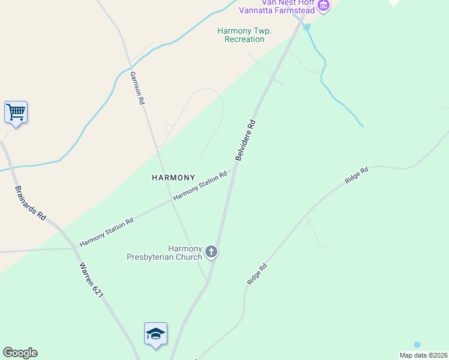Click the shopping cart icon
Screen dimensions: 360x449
[16, 112]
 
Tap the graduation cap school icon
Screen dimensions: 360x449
[155, 334]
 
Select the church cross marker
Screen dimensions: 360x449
[211, 251]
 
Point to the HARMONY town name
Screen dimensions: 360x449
[173, 178]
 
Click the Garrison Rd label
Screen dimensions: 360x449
[137, 88]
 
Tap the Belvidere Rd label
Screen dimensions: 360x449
[246, 140]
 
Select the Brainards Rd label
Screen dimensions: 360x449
[31, 202]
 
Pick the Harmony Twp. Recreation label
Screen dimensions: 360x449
[244, 35]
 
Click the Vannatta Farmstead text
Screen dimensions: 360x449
[277, 10]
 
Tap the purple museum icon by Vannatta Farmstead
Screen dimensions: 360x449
[324, 6]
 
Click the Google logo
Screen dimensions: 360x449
[20, 353]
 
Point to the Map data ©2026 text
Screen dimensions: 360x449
[423, 355]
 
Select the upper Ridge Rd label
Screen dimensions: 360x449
[356, 175]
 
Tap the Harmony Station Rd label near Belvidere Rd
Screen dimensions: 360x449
[200, 186]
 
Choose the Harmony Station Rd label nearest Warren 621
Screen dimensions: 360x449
[106, 233]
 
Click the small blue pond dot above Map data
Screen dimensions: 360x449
[417, 344]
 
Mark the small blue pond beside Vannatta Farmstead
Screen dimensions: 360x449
[307, 27]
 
